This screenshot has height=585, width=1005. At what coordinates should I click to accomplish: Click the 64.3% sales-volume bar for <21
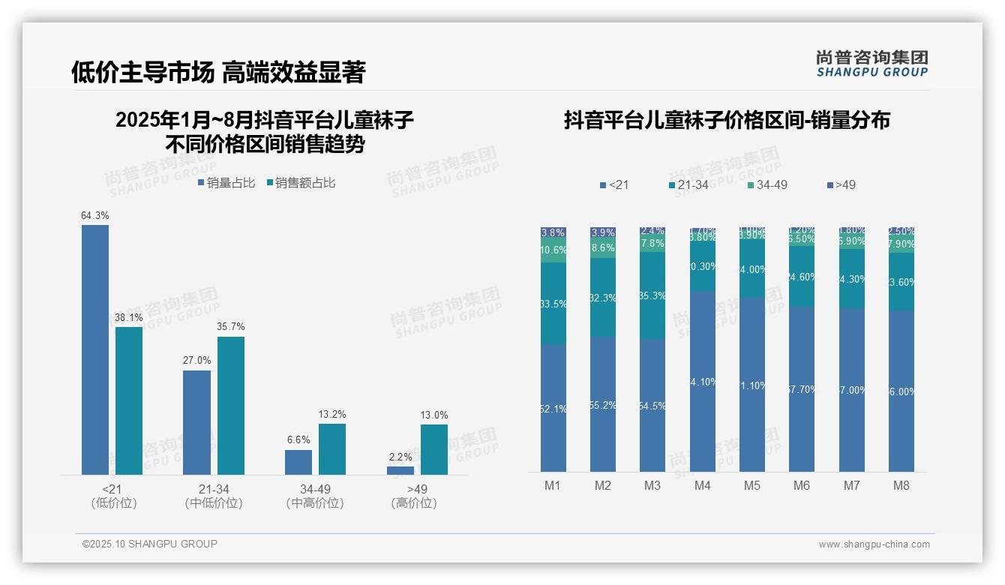[95, 349]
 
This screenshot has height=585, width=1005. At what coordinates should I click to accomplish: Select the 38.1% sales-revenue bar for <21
[129, 400]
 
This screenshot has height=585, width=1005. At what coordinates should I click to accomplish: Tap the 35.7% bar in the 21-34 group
[231, 405]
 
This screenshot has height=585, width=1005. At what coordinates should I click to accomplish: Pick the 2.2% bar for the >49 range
[400, 470]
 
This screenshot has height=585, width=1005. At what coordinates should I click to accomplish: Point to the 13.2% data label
[332, 415]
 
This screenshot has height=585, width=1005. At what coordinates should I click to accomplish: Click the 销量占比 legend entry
[226, 183]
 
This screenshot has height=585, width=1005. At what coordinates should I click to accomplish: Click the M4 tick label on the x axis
[702, 485]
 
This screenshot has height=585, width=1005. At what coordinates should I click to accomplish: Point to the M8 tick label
[901, 485]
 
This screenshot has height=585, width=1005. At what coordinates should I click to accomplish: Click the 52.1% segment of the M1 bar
[553, 408]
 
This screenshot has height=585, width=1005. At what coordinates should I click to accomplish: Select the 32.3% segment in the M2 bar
[603, 298]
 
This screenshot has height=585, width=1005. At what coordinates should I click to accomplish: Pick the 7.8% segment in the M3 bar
[652, 244]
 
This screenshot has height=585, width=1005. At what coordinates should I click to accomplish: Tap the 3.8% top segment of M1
[553, 232]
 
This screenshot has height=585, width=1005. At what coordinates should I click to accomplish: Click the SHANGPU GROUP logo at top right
[871, 64]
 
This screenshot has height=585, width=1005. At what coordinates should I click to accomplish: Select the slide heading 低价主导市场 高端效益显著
[218, 73]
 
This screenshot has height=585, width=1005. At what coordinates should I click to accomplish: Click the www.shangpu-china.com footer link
[874, 544]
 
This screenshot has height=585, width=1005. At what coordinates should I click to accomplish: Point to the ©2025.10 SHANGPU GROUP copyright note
[150, 544]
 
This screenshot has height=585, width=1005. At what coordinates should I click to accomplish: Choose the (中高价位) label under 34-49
[315, 503]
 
